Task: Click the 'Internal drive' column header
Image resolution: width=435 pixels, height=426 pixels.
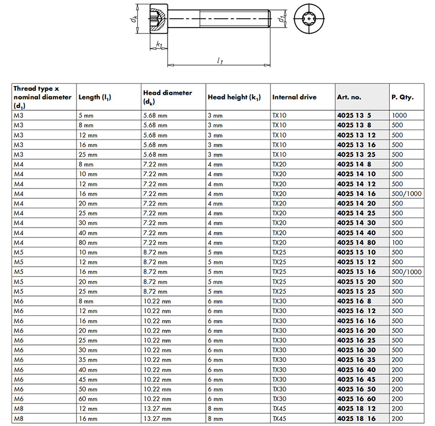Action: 294,98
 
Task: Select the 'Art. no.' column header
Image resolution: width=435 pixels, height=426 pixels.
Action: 349,98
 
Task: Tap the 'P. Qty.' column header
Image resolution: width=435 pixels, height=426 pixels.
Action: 403,98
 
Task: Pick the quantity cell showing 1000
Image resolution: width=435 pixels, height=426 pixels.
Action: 400,116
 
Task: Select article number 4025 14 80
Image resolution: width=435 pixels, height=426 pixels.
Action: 356,242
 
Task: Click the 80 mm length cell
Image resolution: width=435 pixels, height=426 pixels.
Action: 88,242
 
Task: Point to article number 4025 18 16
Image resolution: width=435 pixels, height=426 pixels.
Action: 356,418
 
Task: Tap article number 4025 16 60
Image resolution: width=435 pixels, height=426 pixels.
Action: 356,399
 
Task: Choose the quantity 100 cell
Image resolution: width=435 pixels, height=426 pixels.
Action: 397,242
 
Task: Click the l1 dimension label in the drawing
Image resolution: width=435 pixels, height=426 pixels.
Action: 220,61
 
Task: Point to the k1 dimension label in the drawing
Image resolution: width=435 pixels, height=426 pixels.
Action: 159,45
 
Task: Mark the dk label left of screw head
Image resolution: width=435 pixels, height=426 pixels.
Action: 134,19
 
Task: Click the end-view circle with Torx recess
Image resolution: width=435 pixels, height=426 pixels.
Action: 310,20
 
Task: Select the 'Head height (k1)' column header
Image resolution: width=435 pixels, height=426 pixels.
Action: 234,98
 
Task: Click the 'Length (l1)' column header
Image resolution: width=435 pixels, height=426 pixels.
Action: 95,98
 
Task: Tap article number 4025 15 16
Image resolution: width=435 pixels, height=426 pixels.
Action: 356,272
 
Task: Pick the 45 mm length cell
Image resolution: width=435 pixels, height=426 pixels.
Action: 88,379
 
